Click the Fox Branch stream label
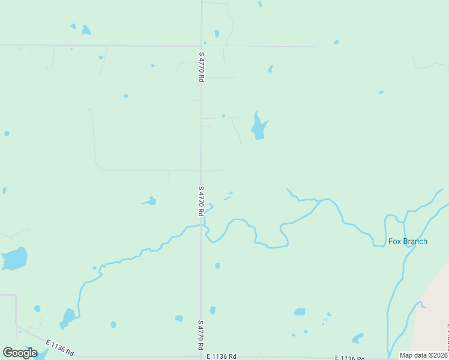click(x=408, y=242)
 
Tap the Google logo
click(x=20, y=352)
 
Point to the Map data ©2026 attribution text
click(x=424, y=355)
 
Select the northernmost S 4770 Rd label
click(x=201, y=67)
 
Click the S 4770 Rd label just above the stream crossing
click(x=201, y=200)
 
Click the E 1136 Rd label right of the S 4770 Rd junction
click(x=221, y=356)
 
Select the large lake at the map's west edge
click(x=14, y=259)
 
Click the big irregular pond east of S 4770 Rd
click(x=259, y=127)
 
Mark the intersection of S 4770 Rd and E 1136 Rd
click(x=201, y=357)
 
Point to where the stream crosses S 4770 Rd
click(x=201, y=226)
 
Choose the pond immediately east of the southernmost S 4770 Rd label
click(x=212, y=310)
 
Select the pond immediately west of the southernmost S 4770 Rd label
click(x=179, y=318)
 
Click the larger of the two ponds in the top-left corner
click(x=86, y=30)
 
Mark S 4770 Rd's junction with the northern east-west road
click(x=201, y=46)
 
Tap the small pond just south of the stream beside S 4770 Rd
click(x=217, y=265)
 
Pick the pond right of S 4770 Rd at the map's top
click(x=217, y=34)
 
